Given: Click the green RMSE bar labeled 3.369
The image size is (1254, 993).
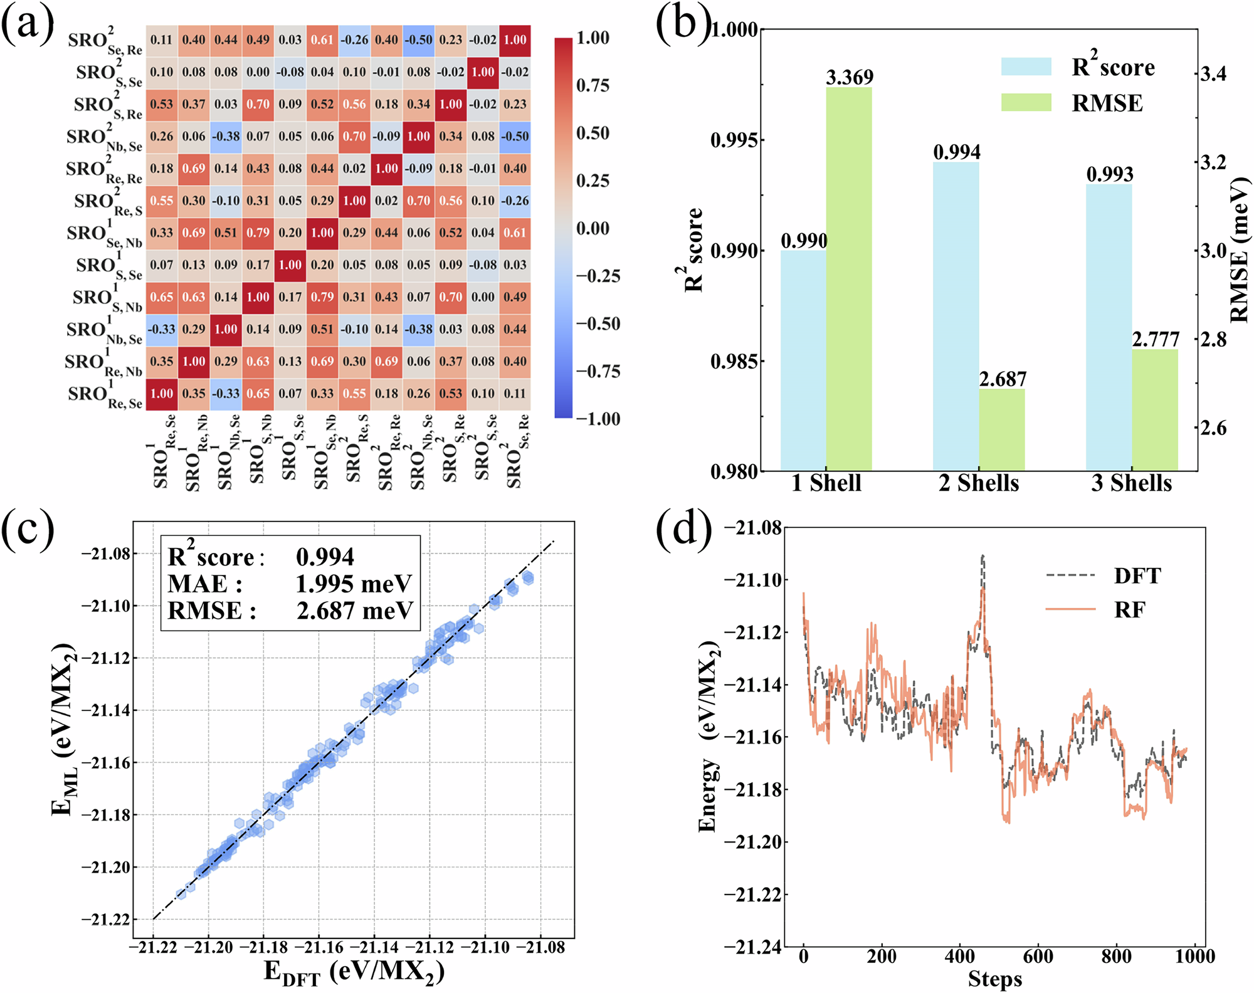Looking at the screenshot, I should (848, 279).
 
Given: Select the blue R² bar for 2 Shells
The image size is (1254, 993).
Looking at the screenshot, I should (956, 317).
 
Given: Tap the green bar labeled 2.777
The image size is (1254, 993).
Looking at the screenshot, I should (1155, 410).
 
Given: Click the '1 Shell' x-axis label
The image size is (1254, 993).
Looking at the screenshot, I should (826, 483).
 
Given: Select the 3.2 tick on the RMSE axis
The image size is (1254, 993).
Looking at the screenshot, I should (1213, 162).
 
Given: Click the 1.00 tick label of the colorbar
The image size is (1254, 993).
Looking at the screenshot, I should (593, 38).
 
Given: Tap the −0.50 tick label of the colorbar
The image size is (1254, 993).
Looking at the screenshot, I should (598, 324).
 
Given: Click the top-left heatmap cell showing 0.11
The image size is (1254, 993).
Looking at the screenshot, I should (162, 40).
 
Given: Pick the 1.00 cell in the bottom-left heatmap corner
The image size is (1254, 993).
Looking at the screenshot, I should (162, 394).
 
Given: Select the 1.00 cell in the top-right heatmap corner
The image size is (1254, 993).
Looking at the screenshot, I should (515, 40).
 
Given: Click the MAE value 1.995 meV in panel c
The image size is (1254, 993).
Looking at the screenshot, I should (353, 584).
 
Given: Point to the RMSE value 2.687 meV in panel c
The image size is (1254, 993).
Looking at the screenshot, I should (354, 611).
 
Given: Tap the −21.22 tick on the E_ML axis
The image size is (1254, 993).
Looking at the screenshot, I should (105, 920).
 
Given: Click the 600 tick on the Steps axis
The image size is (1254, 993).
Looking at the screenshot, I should (1038, 957).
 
